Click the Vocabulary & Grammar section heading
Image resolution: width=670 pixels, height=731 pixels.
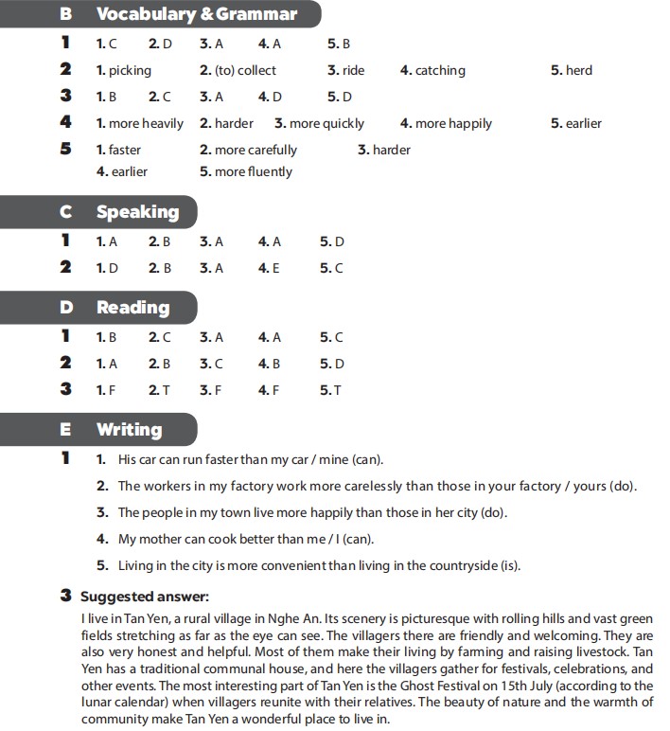tap(197, 14)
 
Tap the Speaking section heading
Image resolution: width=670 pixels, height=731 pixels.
tap(137, 212)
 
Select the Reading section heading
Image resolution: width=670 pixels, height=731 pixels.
tap(132, 308)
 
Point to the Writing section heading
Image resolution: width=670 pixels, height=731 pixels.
tap(129, 430)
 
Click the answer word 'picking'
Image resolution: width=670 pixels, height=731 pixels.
tap(130, 70)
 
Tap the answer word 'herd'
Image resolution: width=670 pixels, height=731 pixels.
tap(578, 70)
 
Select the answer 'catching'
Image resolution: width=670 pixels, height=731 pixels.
tap(440, 70)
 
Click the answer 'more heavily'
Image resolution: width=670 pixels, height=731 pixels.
tap(146, 123)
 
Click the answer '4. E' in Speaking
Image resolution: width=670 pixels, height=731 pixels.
tap(270, 268)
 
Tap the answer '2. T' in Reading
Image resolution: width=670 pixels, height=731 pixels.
tap(160, 389)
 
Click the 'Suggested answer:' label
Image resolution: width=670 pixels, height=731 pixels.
tap(144, 597)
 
